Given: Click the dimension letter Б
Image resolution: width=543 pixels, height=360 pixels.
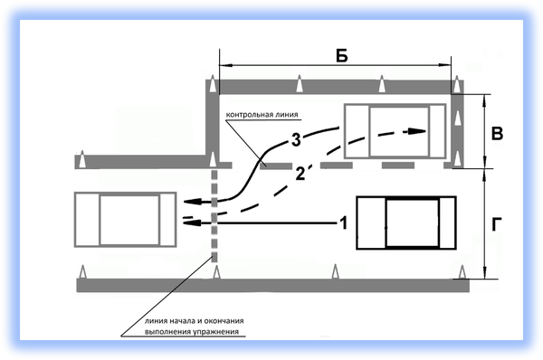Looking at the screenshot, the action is [x=342, y=56].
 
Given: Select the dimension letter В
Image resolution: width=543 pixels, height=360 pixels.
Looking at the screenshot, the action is [x=497, y=134].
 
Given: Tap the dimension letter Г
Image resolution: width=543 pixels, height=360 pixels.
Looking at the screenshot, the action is [x=497, y=224].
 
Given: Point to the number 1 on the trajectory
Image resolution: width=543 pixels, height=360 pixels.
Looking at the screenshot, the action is [x=343, y=223].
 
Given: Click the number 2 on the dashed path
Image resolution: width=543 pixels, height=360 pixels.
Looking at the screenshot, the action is [x=300, y=174].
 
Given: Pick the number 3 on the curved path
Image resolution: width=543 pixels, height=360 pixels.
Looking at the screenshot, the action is [x=296, y=140].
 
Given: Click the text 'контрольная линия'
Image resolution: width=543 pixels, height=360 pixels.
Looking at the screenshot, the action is [x=262, y=115].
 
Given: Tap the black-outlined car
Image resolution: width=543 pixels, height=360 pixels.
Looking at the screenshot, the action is [x=406, y=223].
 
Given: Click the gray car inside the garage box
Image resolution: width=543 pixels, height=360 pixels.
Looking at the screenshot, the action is [x=395, y=131].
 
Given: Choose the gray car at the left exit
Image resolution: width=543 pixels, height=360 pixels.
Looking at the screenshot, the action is [x=126, y=220].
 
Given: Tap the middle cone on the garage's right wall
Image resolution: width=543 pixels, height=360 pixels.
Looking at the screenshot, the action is [x=457, y=118].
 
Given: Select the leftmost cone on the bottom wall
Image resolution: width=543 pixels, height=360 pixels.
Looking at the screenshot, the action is [x=82, y=271].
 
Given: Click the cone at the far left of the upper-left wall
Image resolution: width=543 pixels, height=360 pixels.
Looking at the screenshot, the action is [x=82, y=159].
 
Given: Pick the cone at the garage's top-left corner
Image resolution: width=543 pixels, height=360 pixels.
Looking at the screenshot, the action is [x=213, y=84].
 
